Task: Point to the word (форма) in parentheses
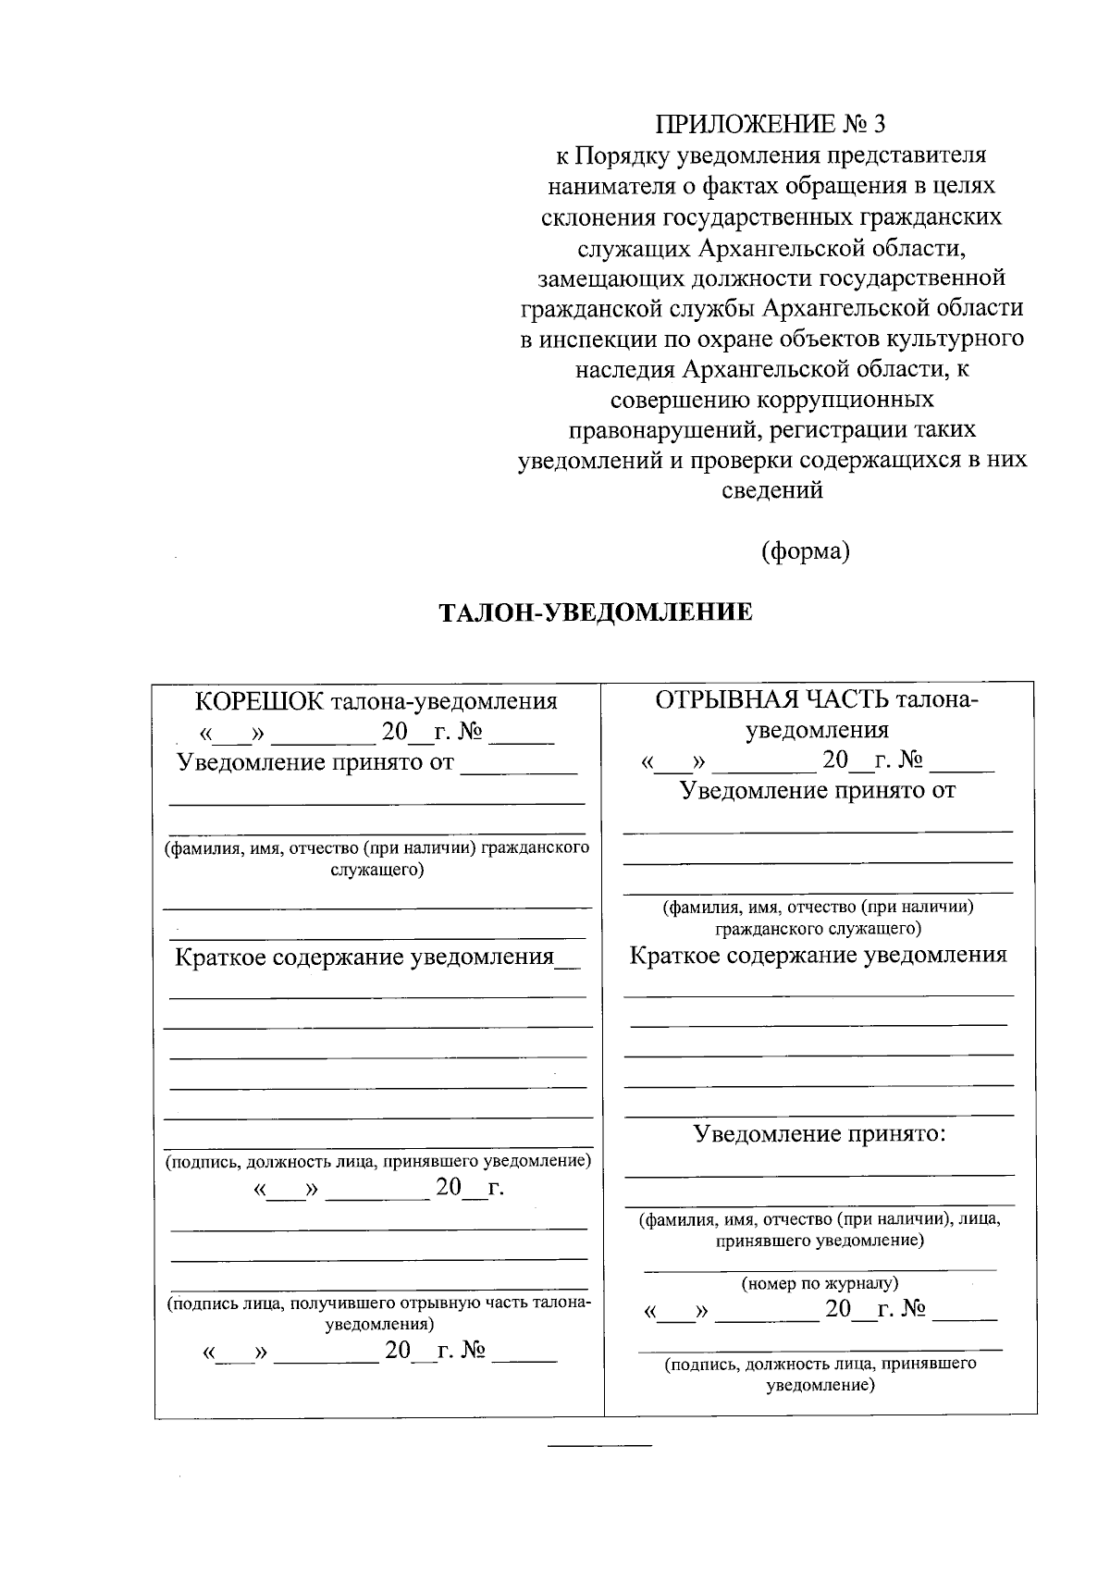805,551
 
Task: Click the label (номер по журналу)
820,1283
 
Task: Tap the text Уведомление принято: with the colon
820,1134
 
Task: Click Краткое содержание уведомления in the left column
364,957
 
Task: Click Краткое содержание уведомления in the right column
818,955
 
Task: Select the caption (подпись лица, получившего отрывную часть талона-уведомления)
377,1314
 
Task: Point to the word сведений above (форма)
771,490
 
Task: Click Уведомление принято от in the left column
315,762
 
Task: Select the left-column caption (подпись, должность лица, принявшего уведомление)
377,1160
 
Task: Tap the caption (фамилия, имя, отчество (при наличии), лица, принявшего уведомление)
820,1229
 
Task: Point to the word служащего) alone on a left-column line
377,870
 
